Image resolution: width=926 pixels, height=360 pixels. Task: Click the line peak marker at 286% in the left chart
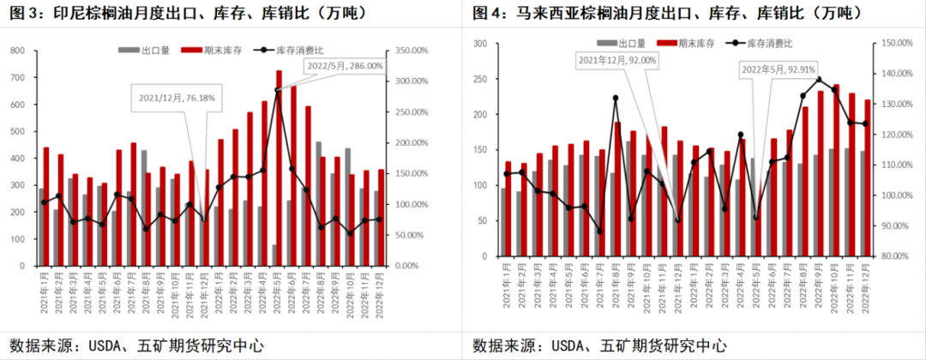278,90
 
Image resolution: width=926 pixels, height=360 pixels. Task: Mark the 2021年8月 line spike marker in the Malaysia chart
616,98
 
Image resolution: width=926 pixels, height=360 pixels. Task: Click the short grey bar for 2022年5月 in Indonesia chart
274,255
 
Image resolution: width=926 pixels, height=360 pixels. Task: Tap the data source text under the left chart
135,345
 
